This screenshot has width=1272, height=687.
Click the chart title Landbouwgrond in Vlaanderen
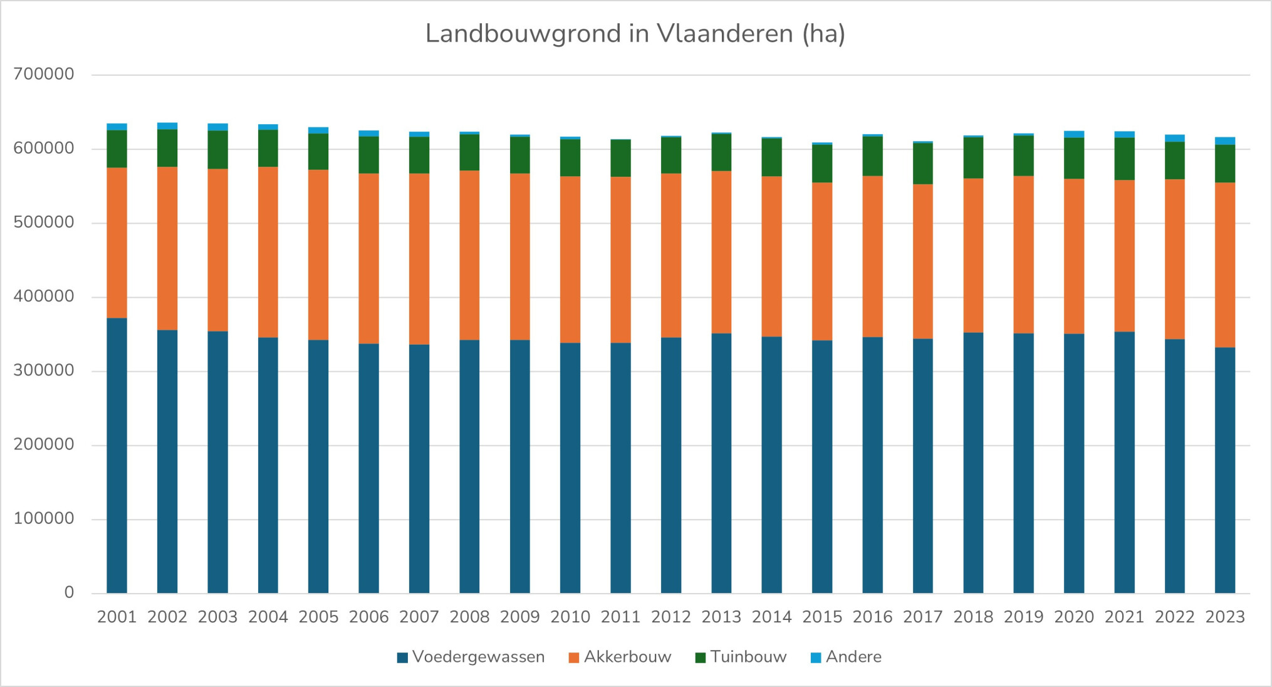pos(635,34)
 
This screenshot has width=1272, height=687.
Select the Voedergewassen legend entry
pos(471,657)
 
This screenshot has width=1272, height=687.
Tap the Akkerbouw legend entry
pos(620,657)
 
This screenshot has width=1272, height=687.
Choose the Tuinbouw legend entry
pos(741,657)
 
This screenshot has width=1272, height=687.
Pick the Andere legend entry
pos(846,657)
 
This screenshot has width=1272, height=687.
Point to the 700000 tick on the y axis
pos(44,74)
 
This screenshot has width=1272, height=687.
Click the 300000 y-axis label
pos(44,370)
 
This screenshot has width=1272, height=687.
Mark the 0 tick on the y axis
pos(69,592)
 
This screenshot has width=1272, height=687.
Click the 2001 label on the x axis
pos(117,617)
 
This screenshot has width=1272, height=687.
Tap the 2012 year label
pos(671,617)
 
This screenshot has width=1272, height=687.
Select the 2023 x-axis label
pos(1225,617)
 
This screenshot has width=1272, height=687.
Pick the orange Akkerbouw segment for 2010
pos(570,260)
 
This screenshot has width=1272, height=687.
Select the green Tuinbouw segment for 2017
pos(923,164)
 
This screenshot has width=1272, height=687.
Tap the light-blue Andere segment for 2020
pos(1074,134)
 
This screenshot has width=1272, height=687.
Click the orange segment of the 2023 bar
pos(1225,265)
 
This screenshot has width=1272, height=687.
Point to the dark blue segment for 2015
pos(822,466)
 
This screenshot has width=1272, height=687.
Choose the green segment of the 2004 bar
pos(268,148)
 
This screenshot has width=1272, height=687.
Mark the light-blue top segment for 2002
pos(167,126)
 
